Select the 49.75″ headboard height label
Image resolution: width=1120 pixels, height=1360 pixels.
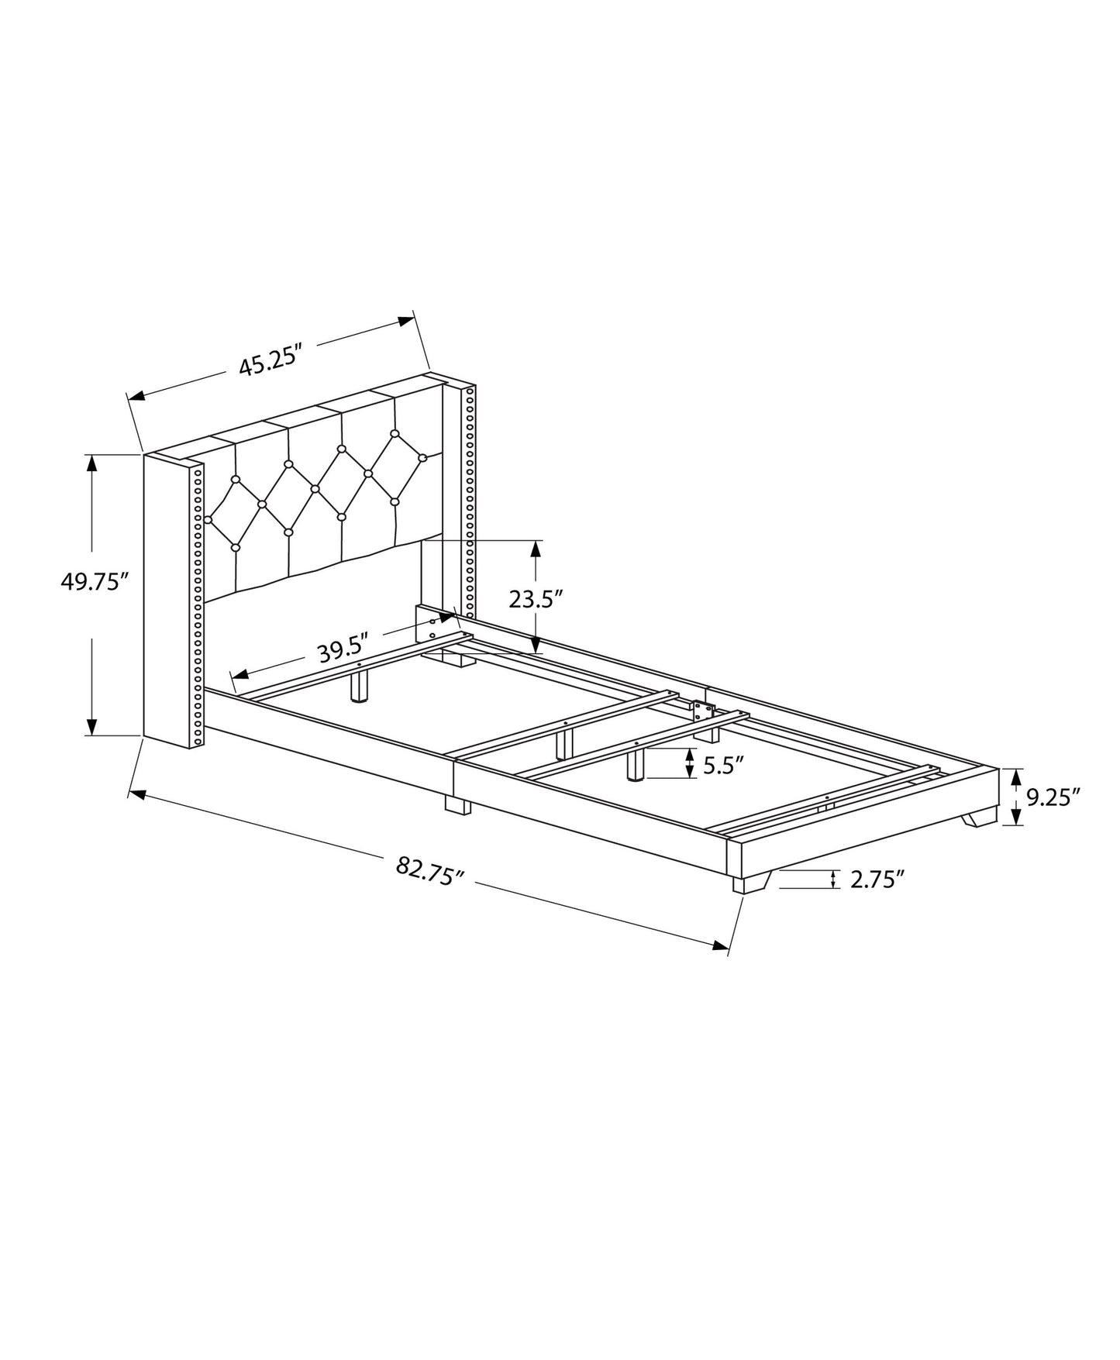[93, 581]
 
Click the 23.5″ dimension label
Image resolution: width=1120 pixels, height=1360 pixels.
[535, 599]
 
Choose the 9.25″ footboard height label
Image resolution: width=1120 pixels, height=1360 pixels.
[1053, 797]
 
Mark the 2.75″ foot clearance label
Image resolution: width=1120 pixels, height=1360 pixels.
[877, 880]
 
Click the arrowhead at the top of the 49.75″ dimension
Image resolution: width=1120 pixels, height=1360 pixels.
[91, 463]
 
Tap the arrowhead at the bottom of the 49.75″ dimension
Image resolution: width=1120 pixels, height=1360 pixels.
[91, 726]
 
